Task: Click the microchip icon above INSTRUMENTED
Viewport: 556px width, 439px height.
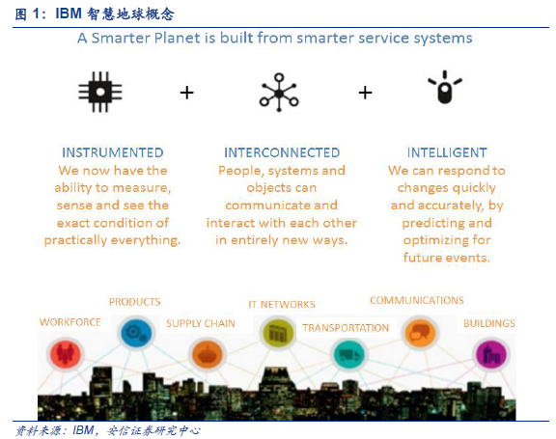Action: pos(100,92)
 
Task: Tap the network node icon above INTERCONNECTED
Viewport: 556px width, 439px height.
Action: pos(279,93)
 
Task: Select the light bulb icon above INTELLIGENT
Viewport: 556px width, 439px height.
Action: pos(445,87)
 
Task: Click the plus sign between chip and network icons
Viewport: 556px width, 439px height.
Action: pos(187,93)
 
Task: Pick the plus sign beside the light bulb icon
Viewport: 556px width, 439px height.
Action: pos(365,93)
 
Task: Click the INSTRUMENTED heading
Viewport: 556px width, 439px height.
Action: pos(113,152)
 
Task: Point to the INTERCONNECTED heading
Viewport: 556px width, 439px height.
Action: pos(282,152)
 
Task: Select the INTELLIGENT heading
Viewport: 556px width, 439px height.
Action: pos(447,152)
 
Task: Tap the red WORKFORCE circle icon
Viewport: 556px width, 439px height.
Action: pos(66,354)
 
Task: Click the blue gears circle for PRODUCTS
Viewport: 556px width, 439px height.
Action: pos(136,333)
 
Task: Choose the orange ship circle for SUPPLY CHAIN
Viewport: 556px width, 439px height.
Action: pos(208,354)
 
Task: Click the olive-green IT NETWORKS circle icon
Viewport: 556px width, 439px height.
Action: pos(278,333)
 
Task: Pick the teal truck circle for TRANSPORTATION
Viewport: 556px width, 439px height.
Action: pos(348,354)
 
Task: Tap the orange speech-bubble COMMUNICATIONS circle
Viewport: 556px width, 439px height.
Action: pos(420,332)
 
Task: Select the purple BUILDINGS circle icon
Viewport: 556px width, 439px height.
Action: pos(491,355)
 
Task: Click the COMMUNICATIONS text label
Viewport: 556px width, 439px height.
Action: pos(417,300)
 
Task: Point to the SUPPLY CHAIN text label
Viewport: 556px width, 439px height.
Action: pos(201,323)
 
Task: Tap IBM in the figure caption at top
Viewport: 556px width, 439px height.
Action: pos(69,14)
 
